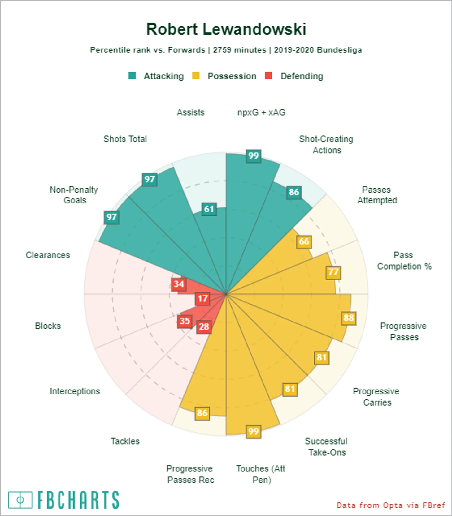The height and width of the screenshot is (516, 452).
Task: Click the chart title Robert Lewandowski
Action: tap(226, 29)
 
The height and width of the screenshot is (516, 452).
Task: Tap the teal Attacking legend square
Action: tap(132, 76)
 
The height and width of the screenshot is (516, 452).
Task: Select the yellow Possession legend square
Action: tap(196, 76)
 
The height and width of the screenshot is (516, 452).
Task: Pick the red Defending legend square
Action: tap(269, 76)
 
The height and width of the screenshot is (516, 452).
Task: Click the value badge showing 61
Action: tap(209, 209)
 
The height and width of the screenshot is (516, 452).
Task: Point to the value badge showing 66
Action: tap(304, 241)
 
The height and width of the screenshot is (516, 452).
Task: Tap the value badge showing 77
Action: tap(333, 272)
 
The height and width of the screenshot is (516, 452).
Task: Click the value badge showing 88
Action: tap(349, 318)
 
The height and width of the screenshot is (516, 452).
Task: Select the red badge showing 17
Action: tap(203, 299)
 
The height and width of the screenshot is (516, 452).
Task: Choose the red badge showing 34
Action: tap(179, 284)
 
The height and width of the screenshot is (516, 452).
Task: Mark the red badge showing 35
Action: tap(185, 321)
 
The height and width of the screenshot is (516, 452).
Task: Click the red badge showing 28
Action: tap(204, 326)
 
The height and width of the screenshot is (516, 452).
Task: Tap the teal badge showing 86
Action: tap(294, 192)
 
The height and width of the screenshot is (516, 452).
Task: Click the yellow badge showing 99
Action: tap(254, 432)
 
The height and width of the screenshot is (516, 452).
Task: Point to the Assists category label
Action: tap(191, 113)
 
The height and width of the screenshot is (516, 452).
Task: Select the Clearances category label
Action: tap(48, 255)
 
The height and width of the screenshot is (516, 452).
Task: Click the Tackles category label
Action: tap(125, 441)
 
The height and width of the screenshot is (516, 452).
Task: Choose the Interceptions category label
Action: tap(75, 391)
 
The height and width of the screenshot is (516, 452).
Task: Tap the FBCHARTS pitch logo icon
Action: tap(20, 500)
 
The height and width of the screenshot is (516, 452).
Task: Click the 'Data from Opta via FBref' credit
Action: tap(391, 505)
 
